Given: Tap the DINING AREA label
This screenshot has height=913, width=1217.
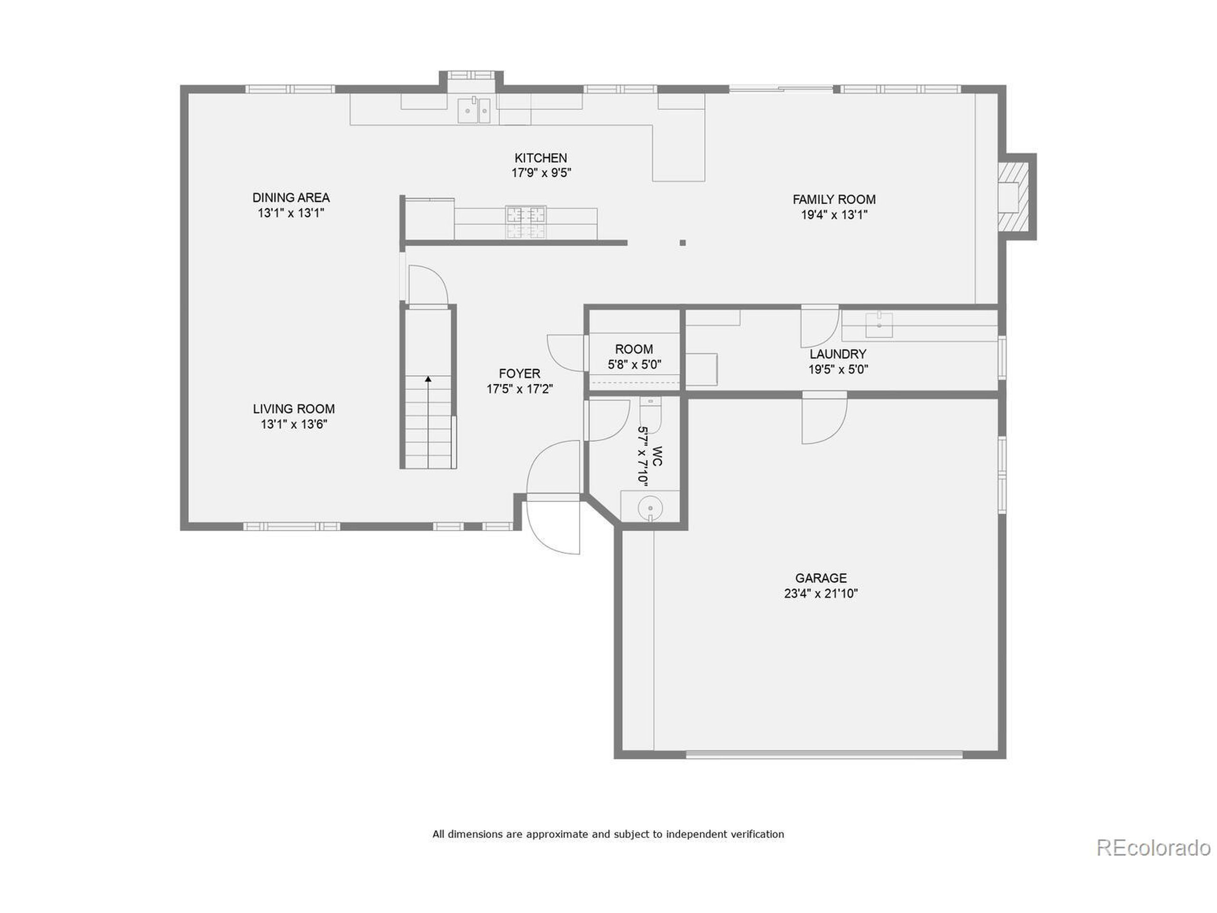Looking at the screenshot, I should (x=290, y=197).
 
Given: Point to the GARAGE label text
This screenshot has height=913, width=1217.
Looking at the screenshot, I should (x=821, y=578).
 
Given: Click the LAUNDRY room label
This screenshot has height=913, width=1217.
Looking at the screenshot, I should (x=837, y=354).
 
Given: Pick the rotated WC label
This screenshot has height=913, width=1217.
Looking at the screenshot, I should (x=657, y=456).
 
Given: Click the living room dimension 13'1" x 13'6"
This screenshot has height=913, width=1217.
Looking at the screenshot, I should (x=294, y=424).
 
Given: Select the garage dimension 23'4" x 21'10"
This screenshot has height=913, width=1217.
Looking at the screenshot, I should (x=821, y=593).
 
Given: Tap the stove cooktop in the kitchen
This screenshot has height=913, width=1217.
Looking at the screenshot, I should (x=526, y=222).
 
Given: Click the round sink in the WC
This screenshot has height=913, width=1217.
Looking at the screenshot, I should (x=650, y=507).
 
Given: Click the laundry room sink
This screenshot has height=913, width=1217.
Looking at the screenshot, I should (x=879, y=325).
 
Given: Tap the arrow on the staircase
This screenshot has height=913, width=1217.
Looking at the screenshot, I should (x=428, y=379).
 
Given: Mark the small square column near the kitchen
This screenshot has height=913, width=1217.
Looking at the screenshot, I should (x=682, y=243).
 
